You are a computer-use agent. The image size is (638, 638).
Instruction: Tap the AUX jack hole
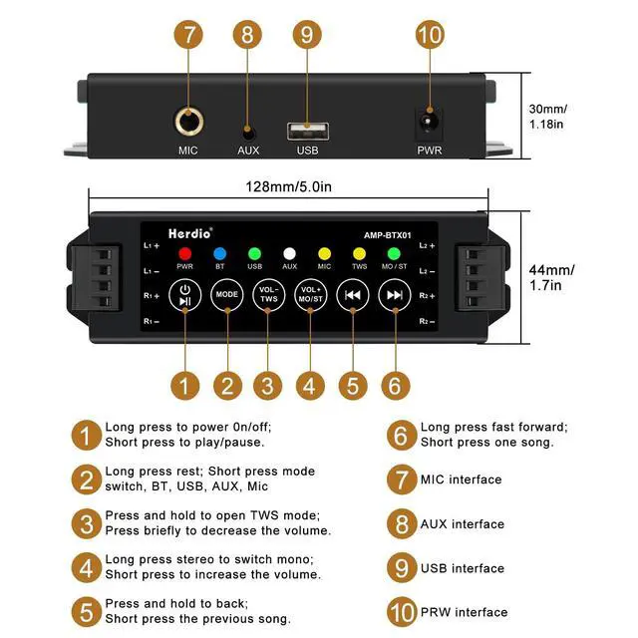248,130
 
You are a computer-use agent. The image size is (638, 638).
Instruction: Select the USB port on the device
308,130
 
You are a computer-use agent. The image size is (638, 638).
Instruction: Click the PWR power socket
430,124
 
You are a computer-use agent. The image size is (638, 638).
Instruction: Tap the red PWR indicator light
184,253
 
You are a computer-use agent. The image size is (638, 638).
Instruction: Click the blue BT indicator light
220,253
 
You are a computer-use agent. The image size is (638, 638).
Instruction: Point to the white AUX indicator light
289,253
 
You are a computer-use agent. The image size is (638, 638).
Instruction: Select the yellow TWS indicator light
359,253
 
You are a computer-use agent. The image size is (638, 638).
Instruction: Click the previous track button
352,295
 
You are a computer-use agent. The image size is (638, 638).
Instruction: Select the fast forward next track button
395,295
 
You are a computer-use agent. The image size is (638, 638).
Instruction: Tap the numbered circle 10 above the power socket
430,36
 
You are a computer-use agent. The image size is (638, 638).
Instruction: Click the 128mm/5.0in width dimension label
289,186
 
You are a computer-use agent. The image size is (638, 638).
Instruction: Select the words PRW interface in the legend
464,612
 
